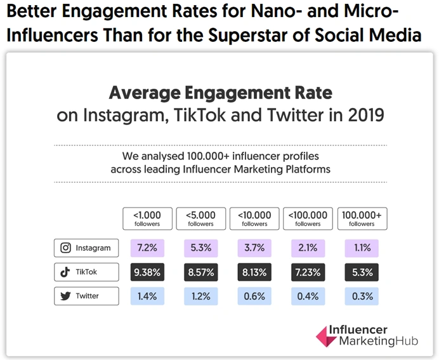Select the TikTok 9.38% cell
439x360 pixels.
pyautogui.click(x=147, y=272)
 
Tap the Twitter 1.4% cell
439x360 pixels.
pyautogui.click(x=147, y=296)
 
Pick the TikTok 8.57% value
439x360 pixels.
pyautogui.click(x=200, y=272)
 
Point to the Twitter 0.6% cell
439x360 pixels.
pyautogui.click(x=254, y=296)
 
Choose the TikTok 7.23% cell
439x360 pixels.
pyautogui.click(x=308, y=272)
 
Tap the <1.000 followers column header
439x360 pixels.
pyautogui.click(x=147, y=218)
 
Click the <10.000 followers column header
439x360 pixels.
pyautogui.click(x=254, y=218)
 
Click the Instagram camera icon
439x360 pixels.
pyautogui.click(x=65, y=248)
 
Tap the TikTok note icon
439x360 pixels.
pyautogui.click(x=65, y=272)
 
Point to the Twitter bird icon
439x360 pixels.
pyautogui.click(x=65, y=296)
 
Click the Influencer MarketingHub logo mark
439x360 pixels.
pyautogui.click(x=325, y=337)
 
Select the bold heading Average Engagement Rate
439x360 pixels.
pyautogui.click(x=220, y=93)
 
